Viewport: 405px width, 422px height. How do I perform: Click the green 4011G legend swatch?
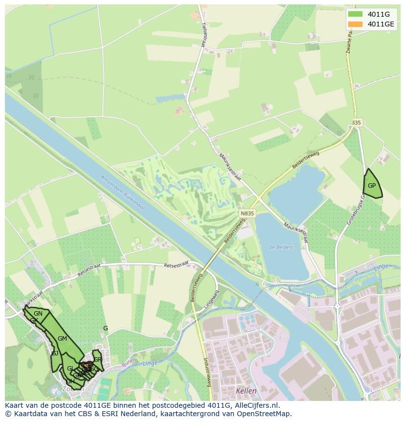pyautogui.click(x=355, y=14)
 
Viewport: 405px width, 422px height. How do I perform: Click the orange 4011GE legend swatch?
pyautogui.click(x=355, y=24)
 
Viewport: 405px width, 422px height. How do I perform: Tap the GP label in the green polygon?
pyautogui.click(x=372, y=186)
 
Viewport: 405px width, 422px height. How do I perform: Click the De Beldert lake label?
pyautogui.click(x=281, y=247)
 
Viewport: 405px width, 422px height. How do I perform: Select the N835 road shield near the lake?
pyautogui.click(x=247, y=214)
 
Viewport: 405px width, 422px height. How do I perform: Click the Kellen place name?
pyautogui.click(x=246, y=391)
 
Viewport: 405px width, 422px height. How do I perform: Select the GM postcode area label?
pyautogui.click(x=62, y=339)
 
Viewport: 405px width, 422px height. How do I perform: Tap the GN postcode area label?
pyautogui.click(x=38, y=314)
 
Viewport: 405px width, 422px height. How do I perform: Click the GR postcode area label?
pyautogui.click(x=97, y=359)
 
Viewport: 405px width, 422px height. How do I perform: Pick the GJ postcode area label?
pyautogui.click(x=55, y=353)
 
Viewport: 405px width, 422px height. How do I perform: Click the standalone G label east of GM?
pyautogui.click(x=105, y=328)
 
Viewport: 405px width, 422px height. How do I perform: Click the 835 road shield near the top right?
pyautogui.click(x=356, y=123)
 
